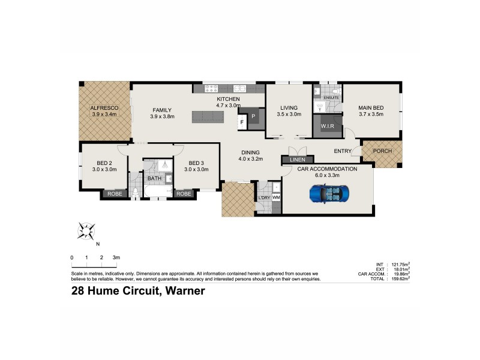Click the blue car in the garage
point(329,193)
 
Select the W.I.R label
point(327,126)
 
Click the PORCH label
point(382,151)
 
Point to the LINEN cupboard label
point(298,160)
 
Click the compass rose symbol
point(87,230)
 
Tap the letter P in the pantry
point(253,116)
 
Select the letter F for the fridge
point(242,122)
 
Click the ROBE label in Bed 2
point(114,193)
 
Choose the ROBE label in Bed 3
point(184,193)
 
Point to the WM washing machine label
point(276,197)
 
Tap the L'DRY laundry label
point(263,197)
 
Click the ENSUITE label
point(331,97)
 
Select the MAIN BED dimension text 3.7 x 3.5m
point(371,114)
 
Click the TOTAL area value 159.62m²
point(398,279)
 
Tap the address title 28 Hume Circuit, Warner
point(138,291)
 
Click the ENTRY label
point(343,151)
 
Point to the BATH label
point(154,178)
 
